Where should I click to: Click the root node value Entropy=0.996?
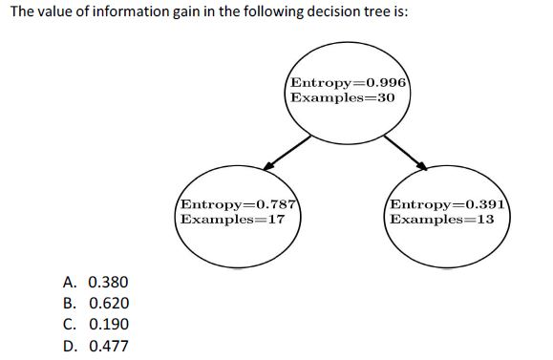(349, 82)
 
